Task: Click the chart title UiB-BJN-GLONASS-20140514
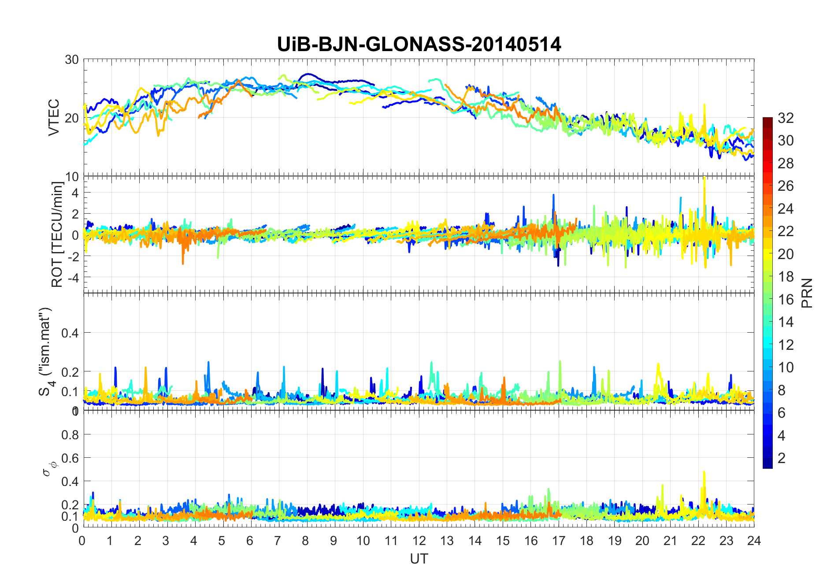click(x=419, y=44)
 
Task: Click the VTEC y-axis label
click(x=54, y=117)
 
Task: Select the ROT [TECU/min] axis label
click(x=57, y=234)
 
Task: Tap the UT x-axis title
click(x=419, y=559)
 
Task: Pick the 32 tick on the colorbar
click(x=786, y=118)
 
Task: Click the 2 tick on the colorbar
click(x=782, y=458)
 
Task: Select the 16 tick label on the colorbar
click(x=786, y=300)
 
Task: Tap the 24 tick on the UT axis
click(x=754, y=541)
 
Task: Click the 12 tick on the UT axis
click(x=419, y=541)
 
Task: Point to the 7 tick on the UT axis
click(x=277, y=541)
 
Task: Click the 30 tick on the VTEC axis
click(x=72, y=59)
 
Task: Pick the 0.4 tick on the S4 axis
click(x=70, y=333)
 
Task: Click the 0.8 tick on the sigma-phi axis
click(x=70, y=435)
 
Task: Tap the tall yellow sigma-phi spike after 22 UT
click(x=704, y=473)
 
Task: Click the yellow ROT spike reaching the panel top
click(x=705, y=178)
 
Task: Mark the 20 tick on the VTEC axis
click(x=72, y=118)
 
